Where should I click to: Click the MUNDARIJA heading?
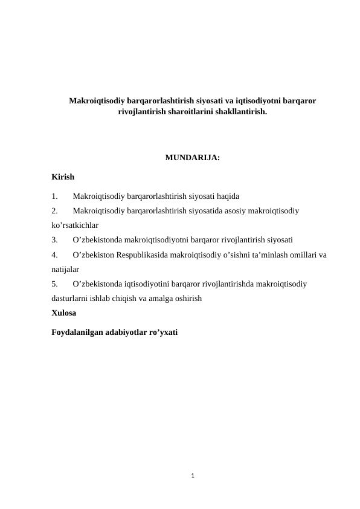191,159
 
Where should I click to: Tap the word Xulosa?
64,313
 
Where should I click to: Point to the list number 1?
55,196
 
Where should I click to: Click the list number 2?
55,211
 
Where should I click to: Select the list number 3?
55,240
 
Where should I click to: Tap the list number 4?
55,254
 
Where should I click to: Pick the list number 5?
55,284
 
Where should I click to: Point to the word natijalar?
66,269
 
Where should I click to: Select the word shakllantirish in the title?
237,112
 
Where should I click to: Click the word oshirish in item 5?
187,298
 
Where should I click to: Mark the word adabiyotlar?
126,332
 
